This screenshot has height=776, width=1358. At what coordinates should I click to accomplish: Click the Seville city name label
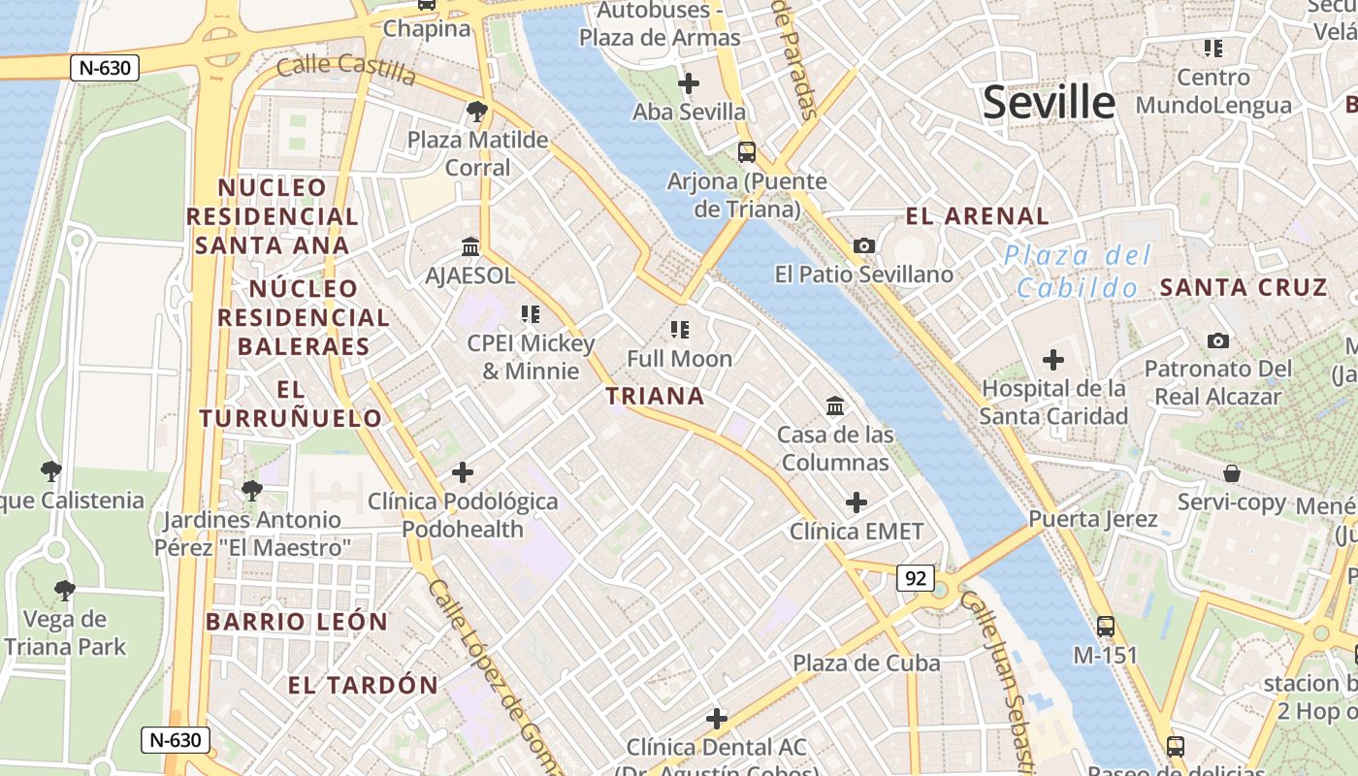(x=1049, y=102)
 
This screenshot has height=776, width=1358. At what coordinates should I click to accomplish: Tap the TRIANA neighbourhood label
(x=655, y=396)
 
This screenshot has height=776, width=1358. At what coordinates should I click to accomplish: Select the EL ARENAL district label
(x=977, y=216)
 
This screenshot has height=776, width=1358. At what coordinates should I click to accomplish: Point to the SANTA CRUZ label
(x=1244, y=287)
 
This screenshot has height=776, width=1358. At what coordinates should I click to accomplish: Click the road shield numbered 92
(x=915, y=579)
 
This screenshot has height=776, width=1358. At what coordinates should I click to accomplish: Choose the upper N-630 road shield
(x=105, y=68)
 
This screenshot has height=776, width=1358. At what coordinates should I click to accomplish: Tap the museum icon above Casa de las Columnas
(x=834, y=405)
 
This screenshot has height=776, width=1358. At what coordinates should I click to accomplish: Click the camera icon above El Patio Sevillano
(x=863, y=246)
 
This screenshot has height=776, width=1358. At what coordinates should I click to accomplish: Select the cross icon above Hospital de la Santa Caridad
(x=1052, y=361)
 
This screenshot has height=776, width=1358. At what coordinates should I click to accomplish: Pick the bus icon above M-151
(x=1105, y=627)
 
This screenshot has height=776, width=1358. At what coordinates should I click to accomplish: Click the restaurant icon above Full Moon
(x=679, y=330)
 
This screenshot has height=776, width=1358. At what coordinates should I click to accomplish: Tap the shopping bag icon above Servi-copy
(x=1231, y=473)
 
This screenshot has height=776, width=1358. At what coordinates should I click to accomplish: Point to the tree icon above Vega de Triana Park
(x=64, y=590)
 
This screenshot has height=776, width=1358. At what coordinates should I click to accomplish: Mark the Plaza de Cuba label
(x=866, y=663)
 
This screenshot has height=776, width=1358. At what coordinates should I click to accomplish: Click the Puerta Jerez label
(x=1092, y=519)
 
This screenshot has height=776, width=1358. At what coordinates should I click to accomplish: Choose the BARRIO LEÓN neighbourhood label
(x=297, y=622)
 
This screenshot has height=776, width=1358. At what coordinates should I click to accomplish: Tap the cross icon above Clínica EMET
(x=856, y=502)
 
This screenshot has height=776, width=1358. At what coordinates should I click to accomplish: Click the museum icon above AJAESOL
(x=470, y=246)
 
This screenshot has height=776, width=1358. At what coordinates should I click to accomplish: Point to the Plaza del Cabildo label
(x=1077, y=272)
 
